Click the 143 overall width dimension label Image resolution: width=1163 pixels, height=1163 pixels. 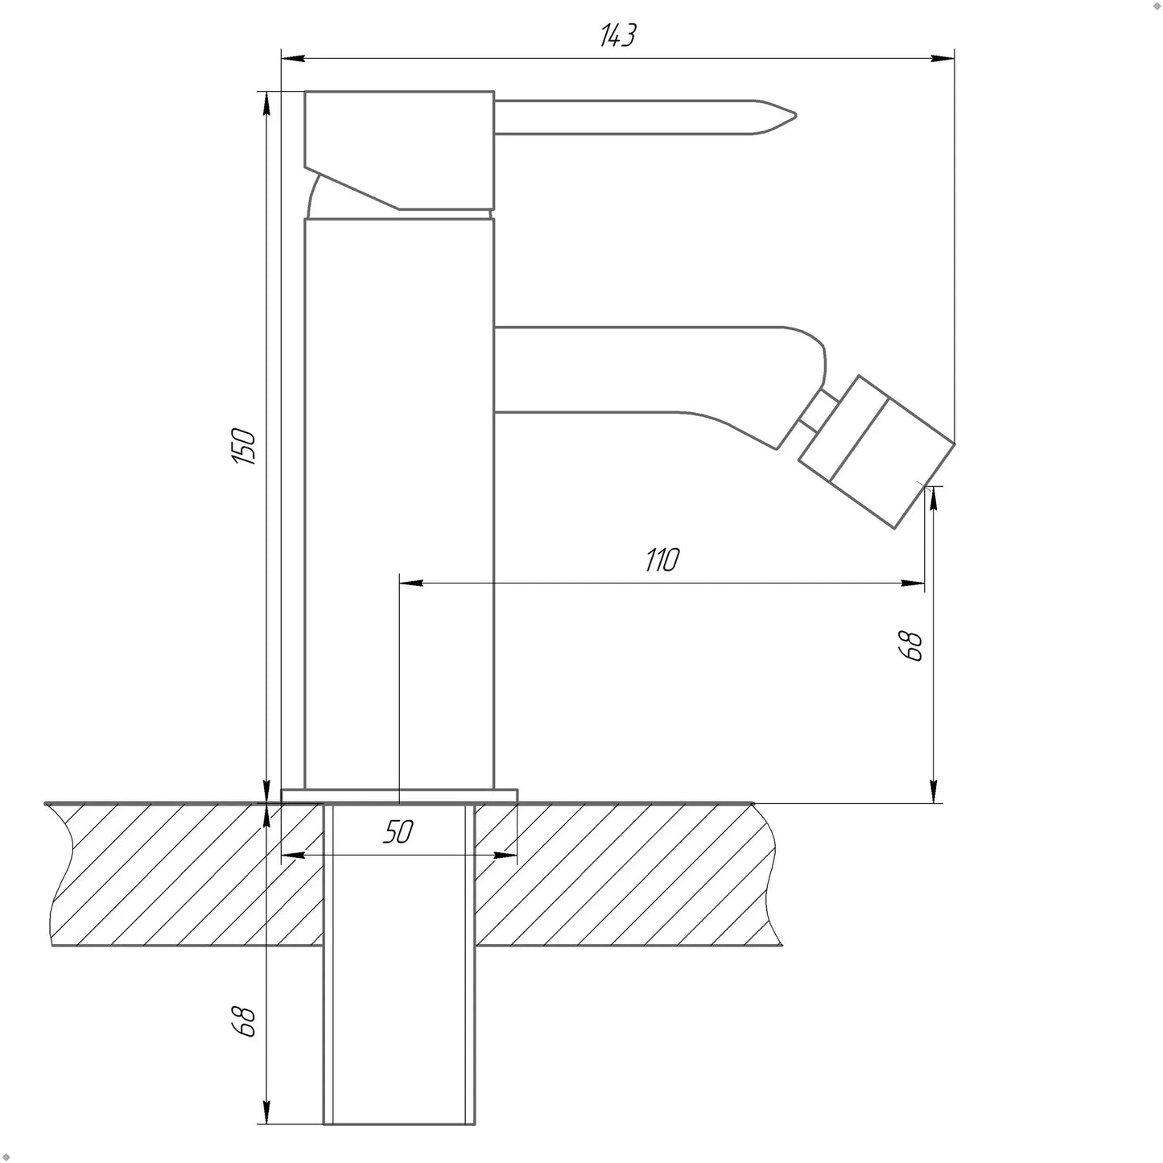tap(617, 35)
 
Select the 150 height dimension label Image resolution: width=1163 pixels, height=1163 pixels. tap(244, 446)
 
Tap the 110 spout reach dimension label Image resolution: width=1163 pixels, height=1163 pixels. tap(662, 559)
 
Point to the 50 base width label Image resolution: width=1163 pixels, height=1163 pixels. tap(398, 831)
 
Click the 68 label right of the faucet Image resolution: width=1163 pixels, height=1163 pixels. tap(911, 646)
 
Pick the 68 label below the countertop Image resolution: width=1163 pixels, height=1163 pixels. tap(244, 1021)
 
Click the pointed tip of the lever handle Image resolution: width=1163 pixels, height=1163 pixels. tap(795, 115)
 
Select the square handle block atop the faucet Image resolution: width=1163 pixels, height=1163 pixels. tap(399, 151)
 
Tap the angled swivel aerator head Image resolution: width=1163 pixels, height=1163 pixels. tap(876, 452)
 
